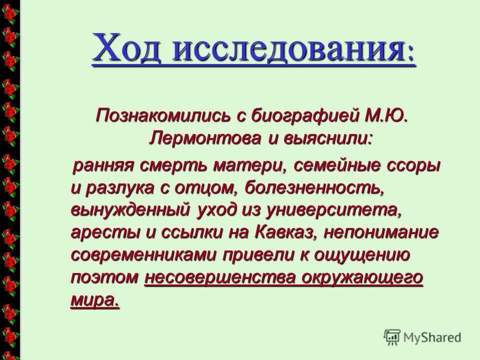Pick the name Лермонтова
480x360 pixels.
205,138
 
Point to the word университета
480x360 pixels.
333,210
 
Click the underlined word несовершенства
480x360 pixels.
220,278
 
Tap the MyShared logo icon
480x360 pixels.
392,337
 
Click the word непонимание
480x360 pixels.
381,232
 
